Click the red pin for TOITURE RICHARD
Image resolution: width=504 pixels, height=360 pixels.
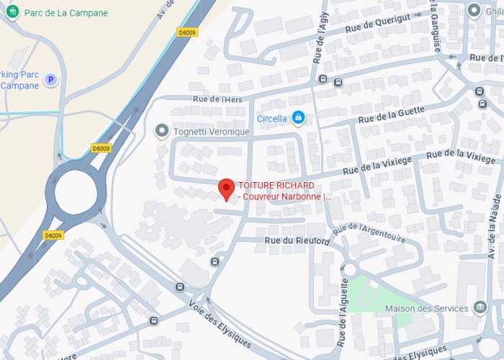227,189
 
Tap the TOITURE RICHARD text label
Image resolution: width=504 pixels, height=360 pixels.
277,186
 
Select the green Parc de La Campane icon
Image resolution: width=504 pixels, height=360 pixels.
15,13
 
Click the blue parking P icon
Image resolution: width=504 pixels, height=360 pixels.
50,80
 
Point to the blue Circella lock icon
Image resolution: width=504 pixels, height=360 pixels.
298,117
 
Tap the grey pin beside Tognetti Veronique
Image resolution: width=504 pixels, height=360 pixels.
162,131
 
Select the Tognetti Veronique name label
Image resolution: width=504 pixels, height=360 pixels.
211,132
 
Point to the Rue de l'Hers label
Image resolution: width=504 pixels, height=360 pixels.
217,99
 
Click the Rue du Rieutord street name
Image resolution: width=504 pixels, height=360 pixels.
297,241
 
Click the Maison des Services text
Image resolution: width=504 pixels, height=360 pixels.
437,309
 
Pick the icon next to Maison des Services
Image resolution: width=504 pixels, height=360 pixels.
480,308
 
